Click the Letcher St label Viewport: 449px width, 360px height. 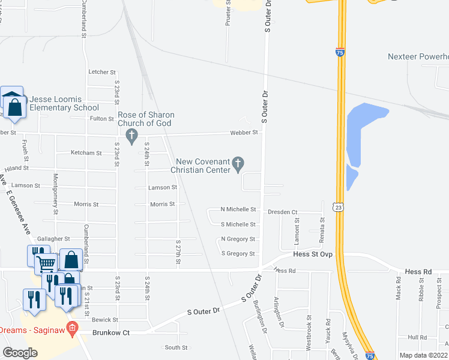coord(98,72)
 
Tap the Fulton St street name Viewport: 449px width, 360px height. coord(102,119)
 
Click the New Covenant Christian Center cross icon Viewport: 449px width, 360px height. coord(238,162)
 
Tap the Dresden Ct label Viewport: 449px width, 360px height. coord(283,212)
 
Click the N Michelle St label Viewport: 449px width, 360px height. coord(238,209)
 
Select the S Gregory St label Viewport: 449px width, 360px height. coord(238,254)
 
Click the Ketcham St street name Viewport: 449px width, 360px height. coord(86,153)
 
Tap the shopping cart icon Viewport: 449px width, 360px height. coord(46,263)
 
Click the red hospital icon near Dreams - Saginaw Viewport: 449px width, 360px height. coord(73,328)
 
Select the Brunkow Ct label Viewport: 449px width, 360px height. coord(110,332)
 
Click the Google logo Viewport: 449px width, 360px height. coord(20,353)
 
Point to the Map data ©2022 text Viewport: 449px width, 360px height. coord(423,355)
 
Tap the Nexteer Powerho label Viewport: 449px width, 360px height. coord(418,56)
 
